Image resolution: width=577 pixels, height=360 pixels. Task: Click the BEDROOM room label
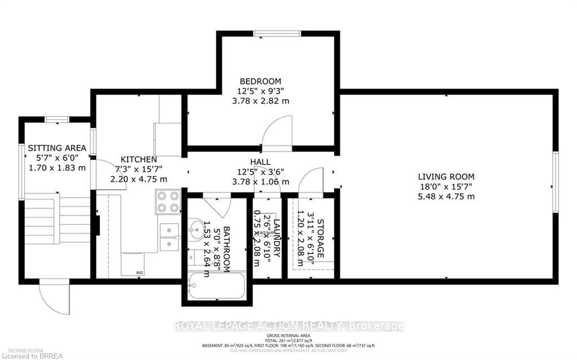click(x=260, y=81)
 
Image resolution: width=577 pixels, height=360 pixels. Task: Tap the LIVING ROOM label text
click(x=447, y=176)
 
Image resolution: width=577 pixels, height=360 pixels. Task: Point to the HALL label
click(x=260, y=162)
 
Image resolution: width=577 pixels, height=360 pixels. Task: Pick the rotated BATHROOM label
click(x=227, y=249)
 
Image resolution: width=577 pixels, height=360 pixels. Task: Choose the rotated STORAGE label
click(x=321, y=238)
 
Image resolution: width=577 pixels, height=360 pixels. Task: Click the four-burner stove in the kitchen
click(x=167, y=202)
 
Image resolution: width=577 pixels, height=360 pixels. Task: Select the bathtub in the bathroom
click(x=217, y=287)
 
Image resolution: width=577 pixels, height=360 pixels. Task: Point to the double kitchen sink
click(x=168, y=237)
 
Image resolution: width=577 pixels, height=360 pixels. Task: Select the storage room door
click(x=310, y=180)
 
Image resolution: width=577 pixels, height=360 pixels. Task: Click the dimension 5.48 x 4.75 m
click(x=447, y=197)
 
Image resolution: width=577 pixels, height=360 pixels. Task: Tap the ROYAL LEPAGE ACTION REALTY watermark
click(x=288, y=326)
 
